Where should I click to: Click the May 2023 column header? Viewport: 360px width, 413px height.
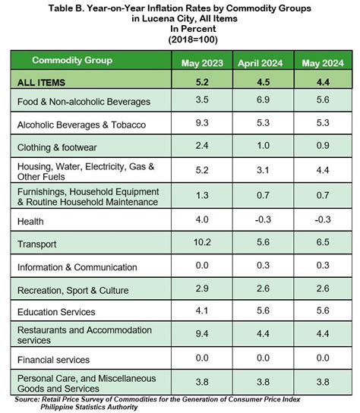click(201, 63)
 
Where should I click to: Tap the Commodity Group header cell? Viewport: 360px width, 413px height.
click(72, 60)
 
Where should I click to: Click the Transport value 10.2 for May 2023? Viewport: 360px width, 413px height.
click(201, 244)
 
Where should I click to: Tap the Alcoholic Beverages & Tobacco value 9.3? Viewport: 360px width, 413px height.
click(201, 124)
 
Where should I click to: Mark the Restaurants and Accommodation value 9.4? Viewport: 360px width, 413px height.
click(201, 334)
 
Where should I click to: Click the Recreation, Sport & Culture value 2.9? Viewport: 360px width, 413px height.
click(201, 289)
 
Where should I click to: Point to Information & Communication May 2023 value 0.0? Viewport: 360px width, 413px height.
click(201, 266)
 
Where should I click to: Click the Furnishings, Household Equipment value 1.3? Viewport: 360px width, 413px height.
click(201, 196)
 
